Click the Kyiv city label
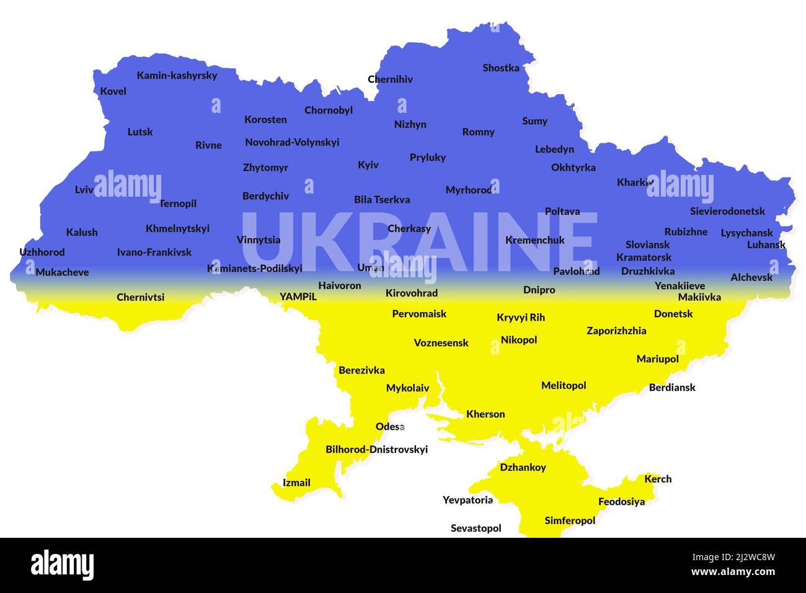[368, 165]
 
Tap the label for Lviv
[84, 190]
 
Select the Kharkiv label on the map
[635, 182]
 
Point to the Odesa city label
[390, 427]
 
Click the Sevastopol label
[476, 528]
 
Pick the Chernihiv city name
[390, 79]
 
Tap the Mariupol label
[657, 359]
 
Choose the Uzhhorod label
[42, 252]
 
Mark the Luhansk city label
[766, 245]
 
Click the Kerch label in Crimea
[658, 479]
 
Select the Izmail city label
[296, 483]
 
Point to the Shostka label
[501, 68]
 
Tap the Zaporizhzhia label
[616, 331]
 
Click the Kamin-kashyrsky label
[177, 76]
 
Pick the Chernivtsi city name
[141, 297]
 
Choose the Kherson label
[485, 414]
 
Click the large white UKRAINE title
[420, 242]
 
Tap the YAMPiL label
[298, 296]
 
